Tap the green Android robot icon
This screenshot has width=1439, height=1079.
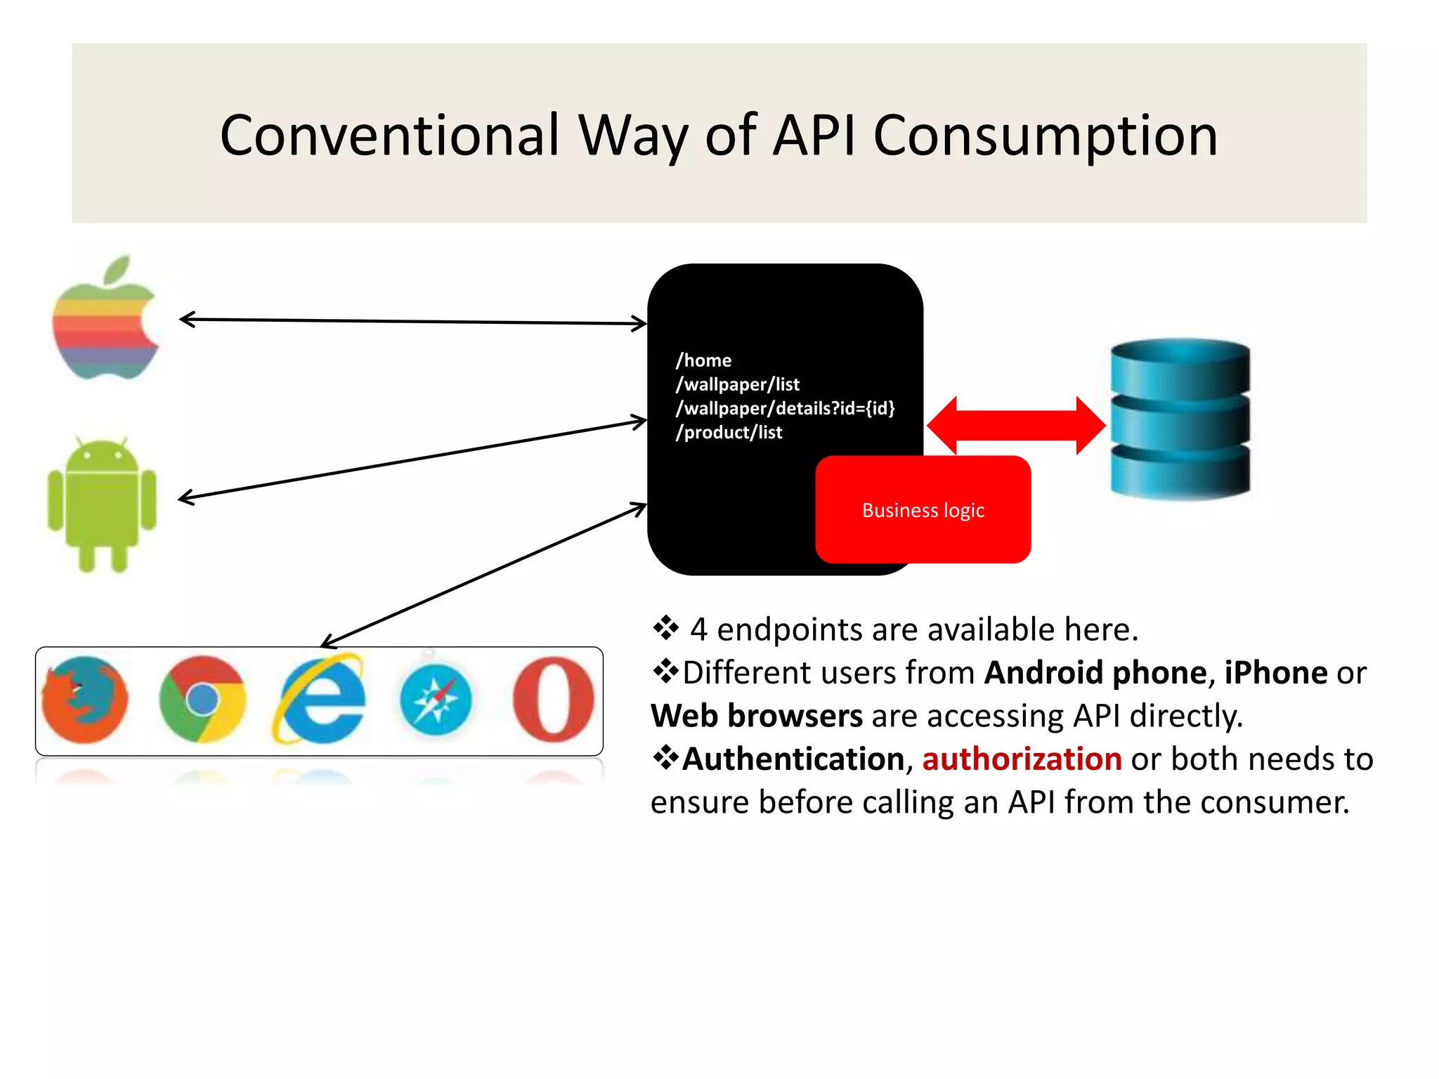(x=102, y=502)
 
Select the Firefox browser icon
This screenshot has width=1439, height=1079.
(x=85, y=700)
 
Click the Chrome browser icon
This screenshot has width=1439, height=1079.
(x=202, y=700)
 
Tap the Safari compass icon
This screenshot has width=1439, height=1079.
(x=436, y=700)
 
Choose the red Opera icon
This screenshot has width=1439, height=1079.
(x=553, y=700)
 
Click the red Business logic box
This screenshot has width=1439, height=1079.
(x=923, y=510)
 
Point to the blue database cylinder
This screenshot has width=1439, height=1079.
(x=1180, y=419)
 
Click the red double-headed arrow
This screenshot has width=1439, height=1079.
(x=1016, y=425)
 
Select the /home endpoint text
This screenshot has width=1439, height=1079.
(x=703, y=360)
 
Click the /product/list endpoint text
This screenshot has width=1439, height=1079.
(x=729, y=433)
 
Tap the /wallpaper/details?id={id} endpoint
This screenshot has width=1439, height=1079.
(x=785, y=408)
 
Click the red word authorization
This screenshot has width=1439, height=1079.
(x=1022, y=759)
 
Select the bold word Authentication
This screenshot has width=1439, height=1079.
(x=793, y=759)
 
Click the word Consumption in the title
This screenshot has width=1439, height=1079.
(x=1045, y=136)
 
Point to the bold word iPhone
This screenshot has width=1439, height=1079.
(x=1275, y=673)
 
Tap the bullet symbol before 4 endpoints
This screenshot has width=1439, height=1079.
(x=665, y=628)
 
